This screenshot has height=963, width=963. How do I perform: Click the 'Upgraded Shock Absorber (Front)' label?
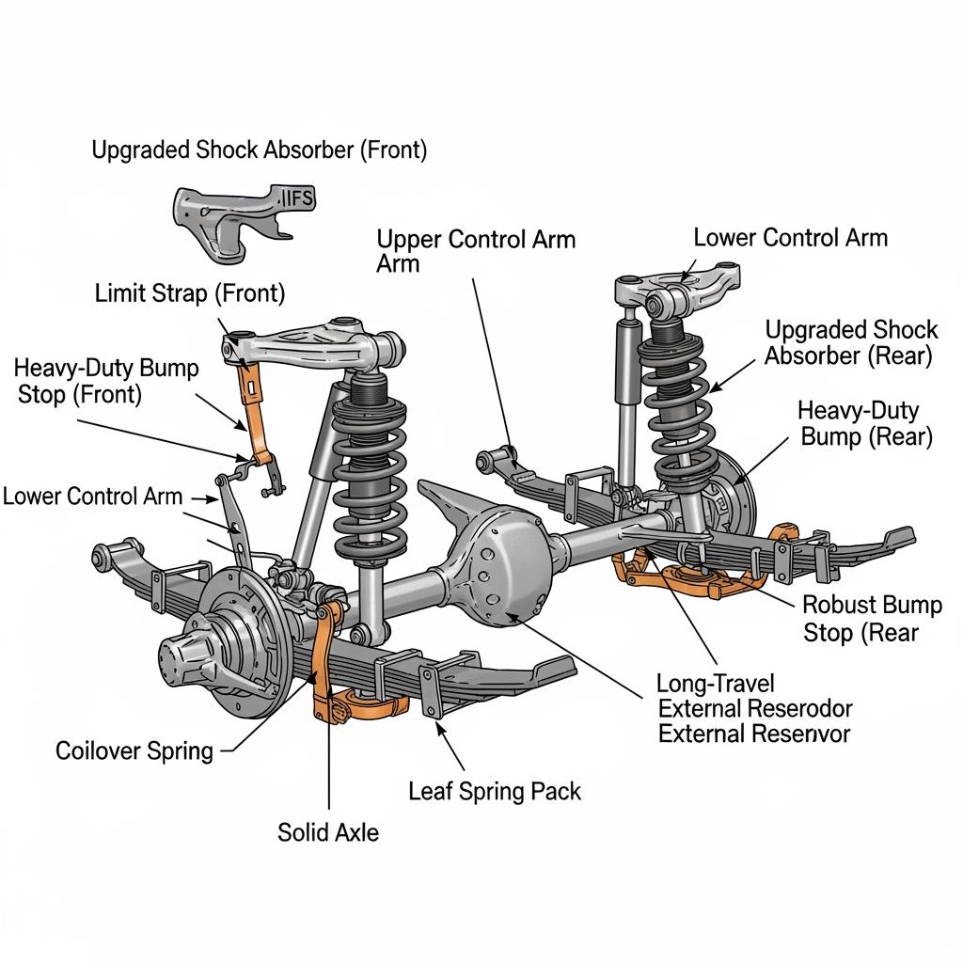(x=259, y=150)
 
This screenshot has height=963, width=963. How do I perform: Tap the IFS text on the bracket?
(x=299, y=197)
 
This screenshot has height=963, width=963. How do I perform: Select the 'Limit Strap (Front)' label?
(x=189, y=293)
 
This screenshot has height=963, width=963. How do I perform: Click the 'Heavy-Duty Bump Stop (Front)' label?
(x=107, y=381)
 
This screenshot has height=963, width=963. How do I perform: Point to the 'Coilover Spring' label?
(x=134, y=750)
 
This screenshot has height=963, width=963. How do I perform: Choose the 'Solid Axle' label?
(x=328, y=831)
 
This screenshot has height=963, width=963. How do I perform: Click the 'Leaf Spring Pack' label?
(x=495, y=791)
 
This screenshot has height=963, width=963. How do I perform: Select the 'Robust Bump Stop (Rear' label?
(x=872, y=619)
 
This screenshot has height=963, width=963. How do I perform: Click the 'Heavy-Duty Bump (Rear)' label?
(x=864, y=423)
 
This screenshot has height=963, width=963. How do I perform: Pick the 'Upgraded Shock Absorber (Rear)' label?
(x=850, y=342)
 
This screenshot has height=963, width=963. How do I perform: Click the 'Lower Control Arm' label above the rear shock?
(x=790, y=237)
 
